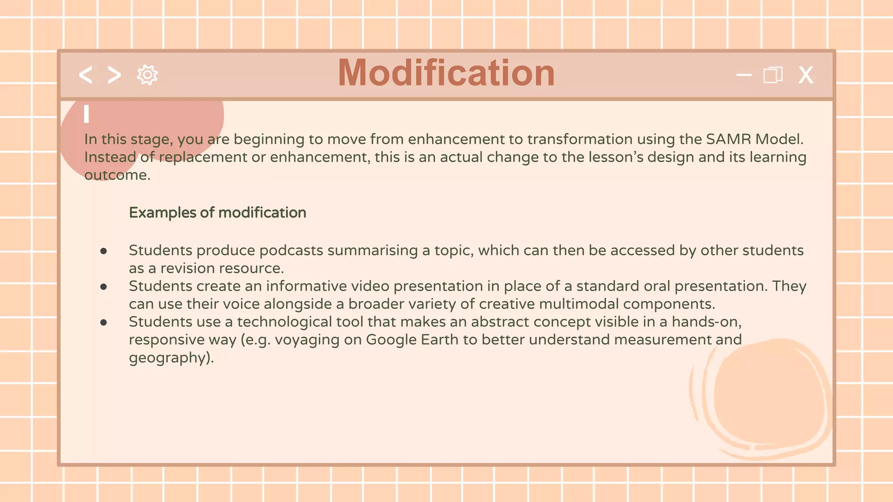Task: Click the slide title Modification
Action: click(x=446, y=73)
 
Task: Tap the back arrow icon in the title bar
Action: click(x=86, y=75)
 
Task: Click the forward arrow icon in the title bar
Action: click(x=114, y=75)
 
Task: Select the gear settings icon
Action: click(x=147, y=75)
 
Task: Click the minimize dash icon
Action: click(x=744, y=75)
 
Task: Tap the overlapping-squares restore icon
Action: click(x=773, y=75)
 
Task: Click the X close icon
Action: click(x=805, y=75)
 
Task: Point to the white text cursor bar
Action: click(x=86, y=114)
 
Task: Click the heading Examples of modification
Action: click(x=217, y=213)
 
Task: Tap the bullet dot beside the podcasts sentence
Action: click(x=103, y=251)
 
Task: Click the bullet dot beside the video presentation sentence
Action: click(x=103, y=287)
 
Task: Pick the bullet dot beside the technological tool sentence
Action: click(x=103, y=322)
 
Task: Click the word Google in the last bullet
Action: click(x=391, y=339)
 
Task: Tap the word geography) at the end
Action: click(x=171, y=358)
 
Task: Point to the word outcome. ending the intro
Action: click(x=117, y=175)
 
